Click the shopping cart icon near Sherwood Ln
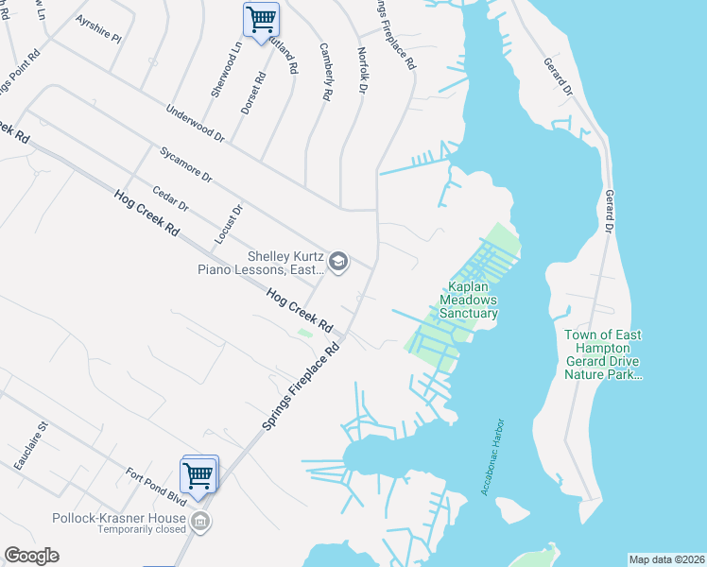point(260,18)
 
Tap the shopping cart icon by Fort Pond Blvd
point(198,474)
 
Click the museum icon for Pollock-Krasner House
point(199,520)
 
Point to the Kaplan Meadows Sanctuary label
point(468,300)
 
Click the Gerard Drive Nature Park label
point(603,354)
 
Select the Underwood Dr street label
point(195,123)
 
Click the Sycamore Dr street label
point(185,163)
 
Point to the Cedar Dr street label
point(171,198)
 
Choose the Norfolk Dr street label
point(361,71)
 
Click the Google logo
point(31,556)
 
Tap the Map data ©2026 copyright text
point(667,559)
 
